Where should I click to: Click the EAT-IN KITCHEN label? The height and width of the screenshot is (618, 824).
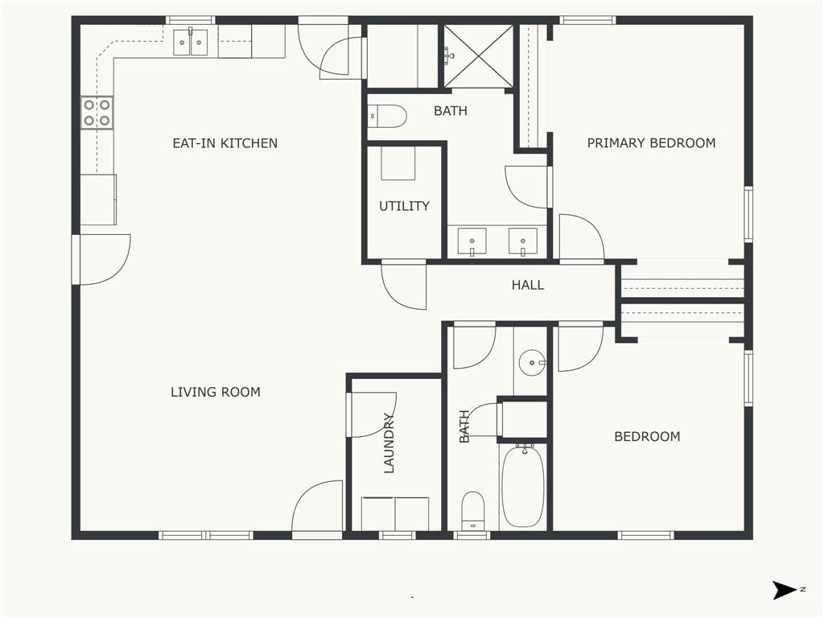pos(225,143)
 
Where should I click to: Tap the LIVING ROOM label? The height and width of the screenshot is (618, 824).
pos(216,392)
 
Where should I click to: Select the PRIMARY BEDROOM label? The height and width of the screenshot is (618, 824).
pos(651,143)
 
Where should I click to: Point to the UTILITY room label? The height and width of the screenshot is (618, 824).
pos(404,206)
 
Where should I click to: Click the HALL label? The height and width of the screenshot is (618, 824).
pos(528,285)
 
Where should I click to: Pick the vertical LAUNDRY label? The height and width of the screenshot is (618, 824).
pos(389,443)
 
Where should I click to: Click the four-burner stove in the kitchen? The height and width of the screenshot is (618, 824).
pos(97,113)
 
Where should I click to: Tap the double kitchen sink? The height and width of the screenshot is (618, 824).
pos(190,43)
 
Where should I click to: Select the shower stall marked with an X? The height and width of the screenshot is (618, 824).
pos(478,56)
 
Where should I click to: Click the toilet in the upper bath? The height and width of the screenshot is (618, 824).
pos(387,117)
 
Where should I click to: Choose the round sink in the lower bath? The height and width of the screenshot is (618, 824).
pos(532,363)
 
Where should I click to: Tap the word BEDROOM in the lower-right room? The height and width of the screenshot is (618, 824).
pos(647,437)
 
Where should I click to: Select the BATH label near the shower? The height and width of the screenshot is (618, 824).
pos(451,111)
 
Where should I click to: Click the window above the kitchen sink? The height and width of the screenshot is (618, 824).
pos(190,20)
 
